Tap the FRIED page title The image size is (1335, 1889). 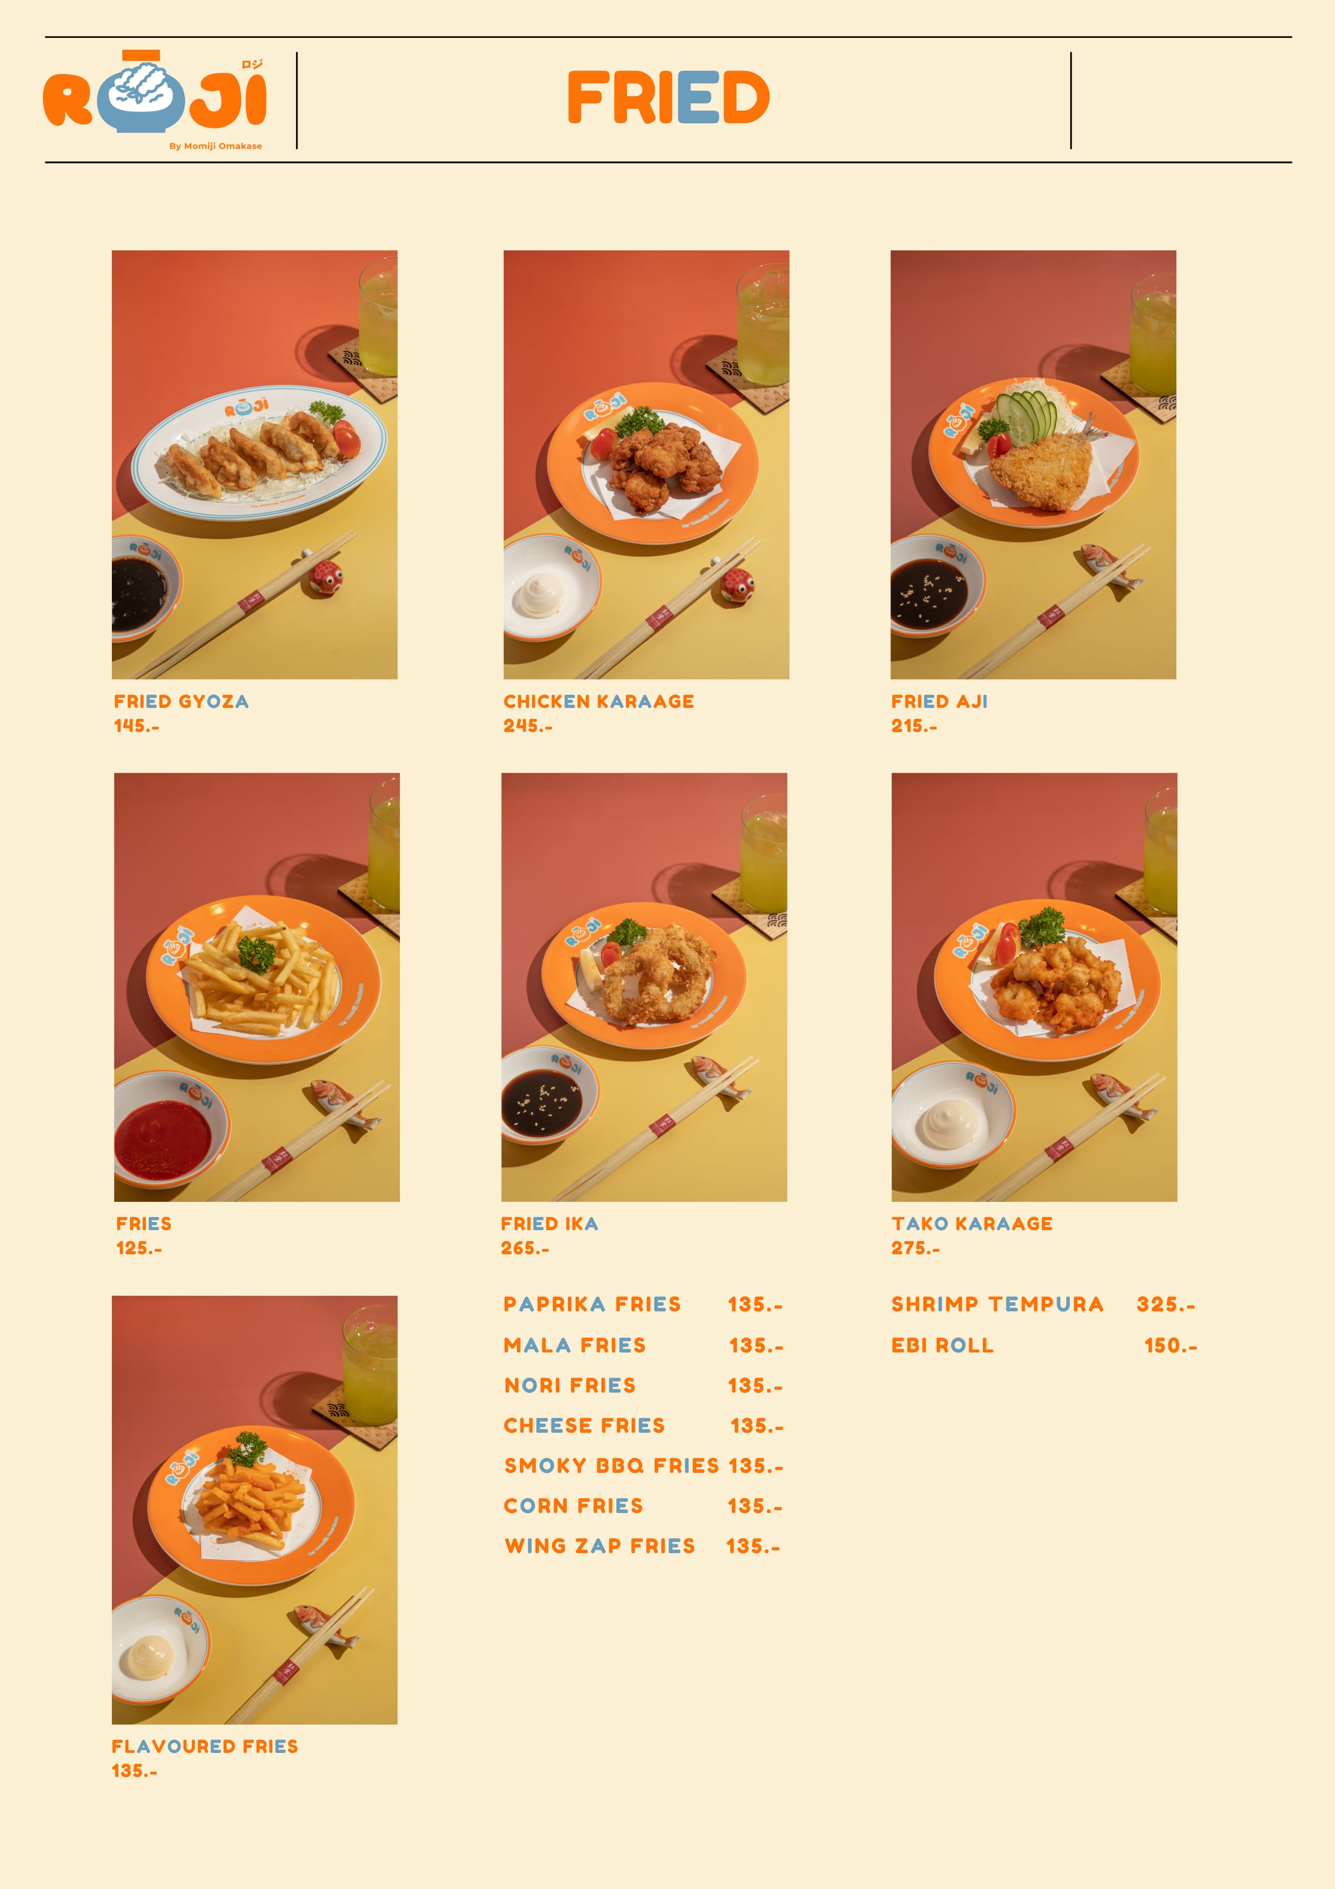(668, 97)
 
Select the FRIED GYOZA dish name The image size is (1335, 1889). (181, 702)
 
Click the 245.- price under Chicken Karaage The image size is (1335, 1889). (528, 726)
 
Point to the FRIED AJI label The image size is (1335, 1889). (940, 702)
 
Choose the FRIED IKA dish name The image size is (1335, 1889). (550, 1224)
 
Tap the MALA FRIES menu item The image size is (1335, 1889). (574, 1345)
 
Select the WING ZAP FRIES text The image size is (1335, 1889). (600, 1546)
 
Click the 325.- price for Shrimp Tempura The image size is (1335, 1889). (1165, 1304)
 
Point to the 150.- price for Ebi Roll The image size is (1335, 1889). (1170, 1345)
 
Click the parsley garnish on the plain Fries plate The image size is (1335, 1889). (256, 954)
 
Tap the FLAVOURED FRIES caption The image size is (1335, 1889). (205, 1746)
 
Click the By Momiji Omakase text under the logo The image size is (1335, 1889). (215, 146)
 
